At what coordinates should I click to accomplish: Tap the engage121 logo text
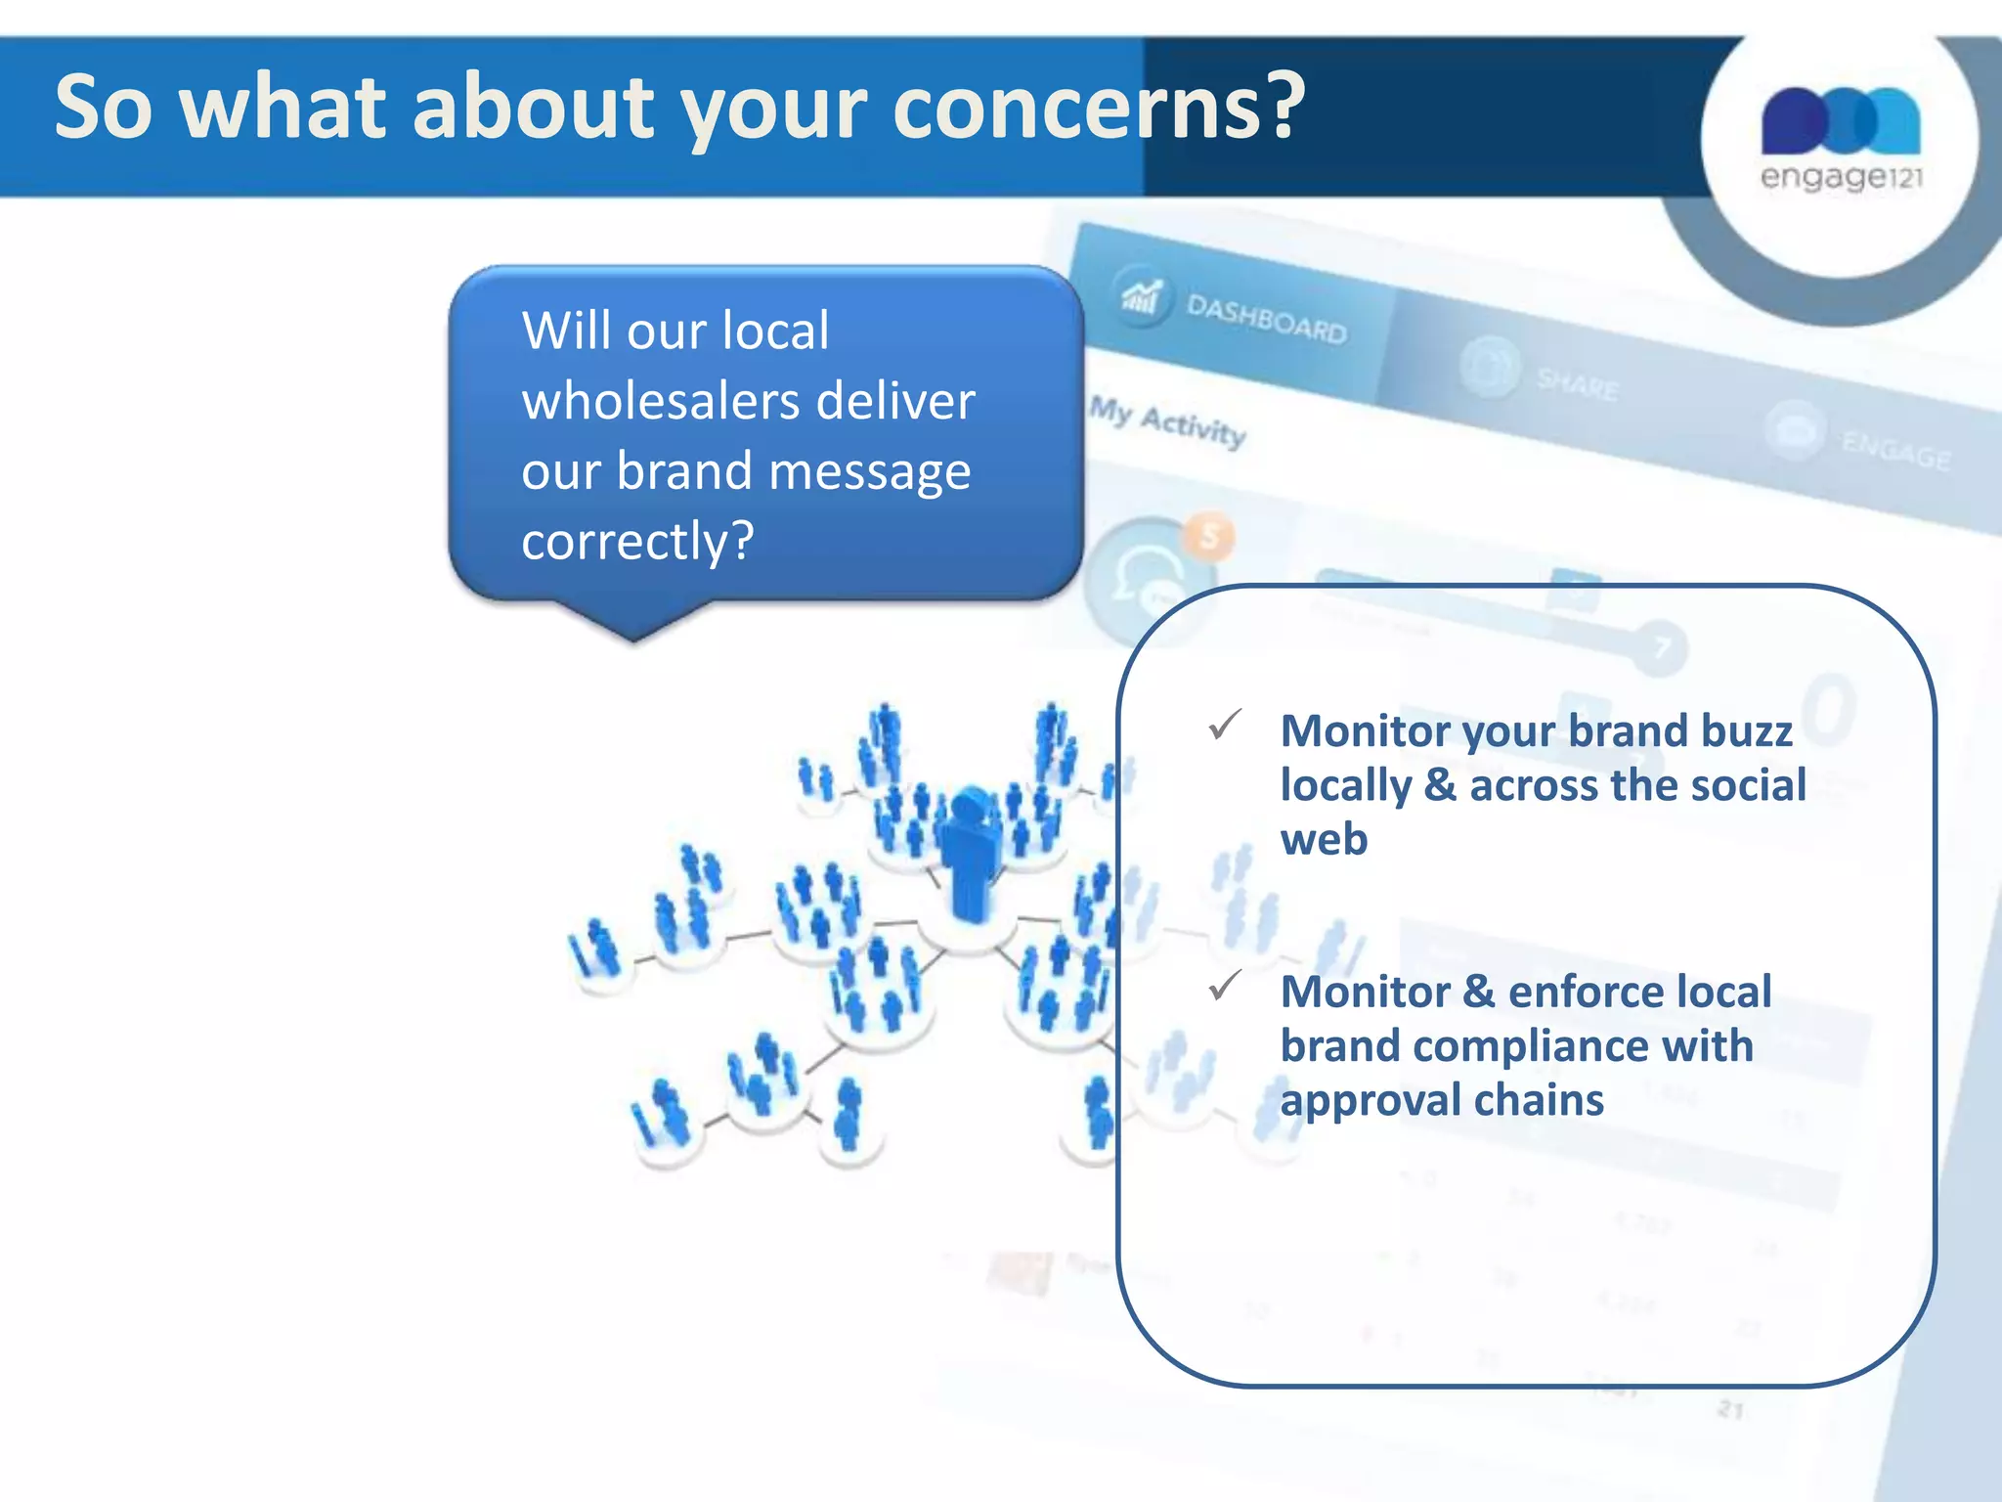click(1841, 177)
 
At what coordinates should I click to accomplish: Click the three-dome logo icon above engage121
click(1841, 119)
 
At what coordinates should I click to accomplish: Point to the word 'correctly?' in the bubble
click(637, 541)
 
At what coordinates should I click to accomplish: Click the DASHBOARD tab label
click(1266, 319)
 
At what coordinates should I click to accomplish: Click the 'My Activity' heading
click(1168, 421)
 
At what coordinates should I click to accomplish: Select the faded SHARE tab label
click(1577, 384)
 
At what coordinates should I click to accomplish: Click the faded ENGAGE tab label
click(1895, 451)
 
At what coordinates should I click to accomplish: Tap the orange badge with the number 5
click(1210, 536)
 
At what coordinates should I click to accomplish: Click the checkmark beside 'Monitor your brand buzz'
click(1225, 725)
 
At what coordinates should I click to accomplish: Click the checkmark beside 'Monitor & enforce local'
click(1225, 985)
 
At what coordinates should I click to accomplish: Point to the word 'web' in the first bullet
click(1324, 839)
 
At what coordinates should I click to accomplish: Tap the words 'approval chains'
click(1442, 1100)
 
